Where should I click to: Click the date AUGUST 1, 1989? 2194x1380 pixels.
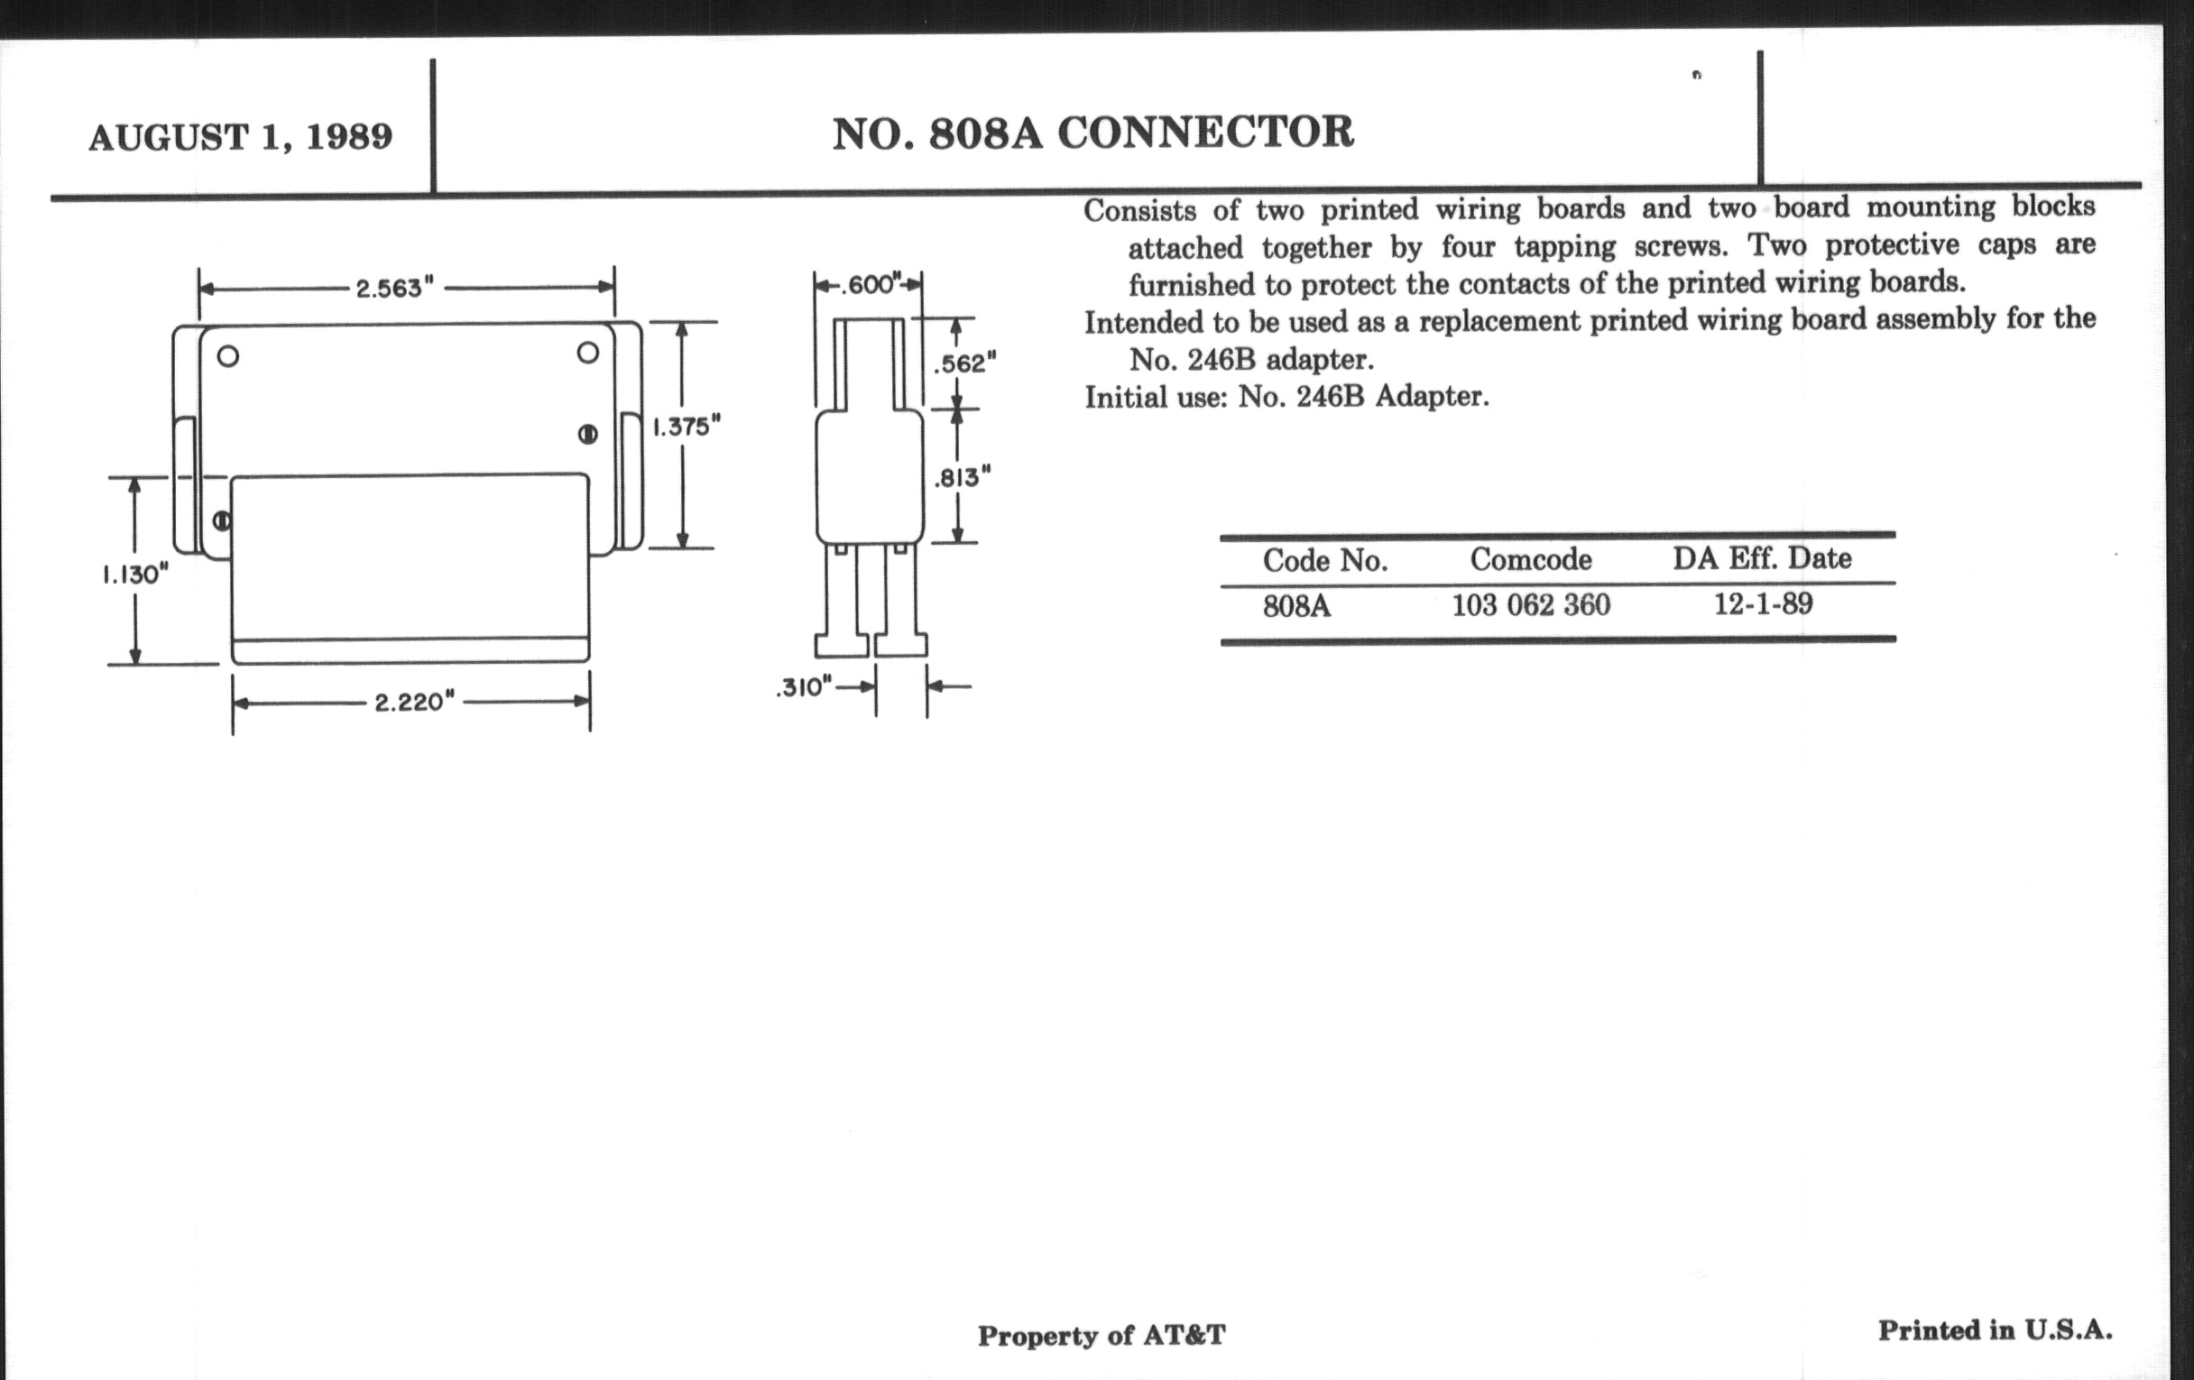[x=241, y=137]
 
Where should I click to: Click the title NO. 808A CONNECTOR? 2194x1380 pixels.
[x=1092, y=133]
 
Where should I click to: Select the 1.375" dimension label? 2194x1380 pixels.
[x=687, y=427]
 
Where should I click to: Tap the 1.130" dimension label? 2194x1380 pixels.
[x=134, y=575]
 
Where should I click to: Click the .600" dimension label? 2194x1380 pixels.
[x=868, y=285]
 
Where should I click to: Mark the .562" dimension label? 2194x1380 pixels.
[x=965, y=363]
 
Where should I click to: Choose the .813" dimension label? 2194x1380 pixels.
[x=963, y=477]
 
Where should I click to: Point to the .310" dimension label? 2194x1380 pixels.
[x=804, y=687]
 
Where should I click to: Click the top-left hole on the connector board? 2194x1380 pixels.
[x=227, y=356]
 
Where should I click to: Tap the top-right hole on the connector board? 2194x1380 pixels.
[x=587, y=353]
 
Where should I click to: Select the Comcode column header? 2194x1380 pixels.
[x=1531, y=559]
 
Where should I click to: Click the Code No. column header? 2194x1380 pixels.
[x=1324, y=561]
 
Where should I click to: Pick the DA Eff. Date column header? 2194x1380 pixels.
[x=1761, y=557]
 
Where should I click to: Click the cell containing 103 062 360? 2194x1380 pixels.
[x=1531, y=605]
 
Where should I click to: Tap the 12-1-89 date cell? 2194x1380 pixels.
[x=1763, y=603]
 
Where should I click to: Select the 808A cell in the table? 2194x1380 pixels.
[x=1296, y=606]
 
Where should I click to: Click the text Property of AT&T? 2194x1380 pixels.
[x=1102, y=1336]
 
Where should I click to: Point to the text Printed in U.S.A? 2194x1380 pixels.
[x=1995, y=1330]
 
